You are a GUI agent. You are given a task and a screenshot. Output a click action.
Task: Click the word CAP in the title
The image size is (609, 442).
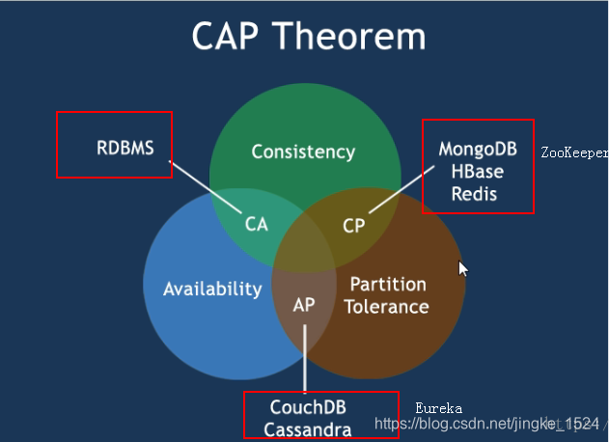click(230, 37)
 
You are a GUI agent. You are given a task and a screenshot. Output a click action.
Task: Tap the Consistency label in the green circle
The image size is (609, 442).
click(303, 152)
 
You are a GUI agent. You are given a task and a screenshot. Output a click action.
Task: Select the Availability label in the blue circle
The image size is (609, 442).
click(212, 289)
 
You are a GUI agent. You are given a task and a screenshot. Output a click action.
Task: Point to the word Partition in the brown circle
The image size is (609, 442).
click(388, 285)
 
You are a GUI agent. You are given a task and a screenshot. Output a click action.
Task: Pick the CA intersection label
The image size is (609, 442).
click(256, 224)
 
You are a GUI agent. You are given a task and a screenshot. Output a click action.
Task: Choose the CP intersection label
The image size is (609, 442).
click(354, 225)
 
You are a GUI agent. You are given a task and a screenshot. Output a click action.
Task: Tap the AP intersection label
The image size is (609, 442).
click(304, 304)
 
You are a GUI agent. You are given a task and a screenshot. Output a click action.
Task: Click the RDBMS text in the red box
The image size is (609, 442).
click(125, 148)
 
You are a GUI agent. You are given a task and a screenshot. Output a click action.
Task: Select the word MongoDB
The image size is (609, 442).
click(477, 150)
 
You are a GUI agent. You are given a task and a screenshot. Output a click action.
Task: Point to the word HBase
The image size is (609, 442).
click(477, 172)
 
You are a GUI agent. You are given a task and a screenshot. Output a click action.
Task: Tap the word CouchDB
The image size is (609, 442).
click(310, 409)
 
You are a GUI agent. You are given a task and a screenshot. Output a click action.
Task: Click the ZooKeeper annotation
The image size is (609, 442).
click(574, 152)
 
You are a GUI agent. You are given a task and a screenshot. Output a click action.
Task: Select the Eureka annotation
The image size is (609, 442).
click(439, 408)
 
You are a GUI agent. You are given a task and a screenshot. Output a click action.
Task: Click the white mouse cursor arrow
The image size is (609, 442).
click(462, 268)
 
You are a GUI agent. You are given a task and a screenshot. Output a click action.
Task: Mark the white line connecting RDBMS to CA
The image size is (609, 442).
click(206, 183)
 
